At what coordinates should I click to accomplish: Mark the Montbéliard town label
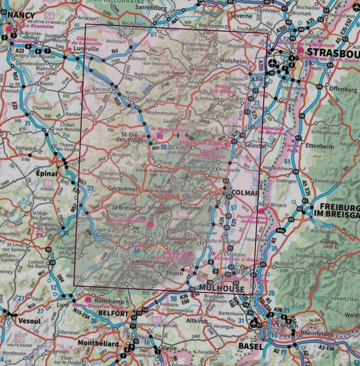pos(98,343)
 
